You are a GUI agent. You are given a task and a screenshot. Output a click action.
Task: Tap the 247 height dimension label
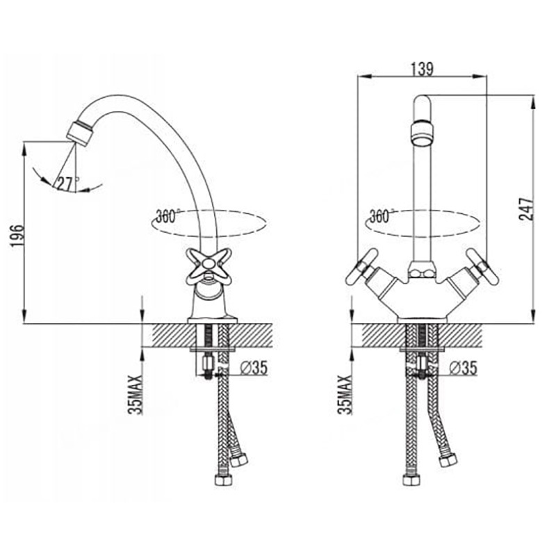click(526, 209)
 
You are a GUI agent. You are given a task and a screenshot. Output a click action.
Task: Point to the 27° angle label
click(68, 183)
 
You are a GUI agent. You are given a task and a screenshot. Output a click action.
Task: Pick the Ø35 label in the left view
click(254, 368)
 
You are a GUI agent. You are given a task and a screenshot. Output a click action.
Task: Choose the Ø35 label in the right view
click(463, 368)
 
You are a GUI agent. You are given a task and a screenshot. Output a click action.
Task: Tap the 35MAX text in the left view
click(136, 394)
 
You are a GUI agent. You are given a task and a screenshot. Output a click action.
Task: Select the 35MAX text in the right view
click(345, 394)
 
